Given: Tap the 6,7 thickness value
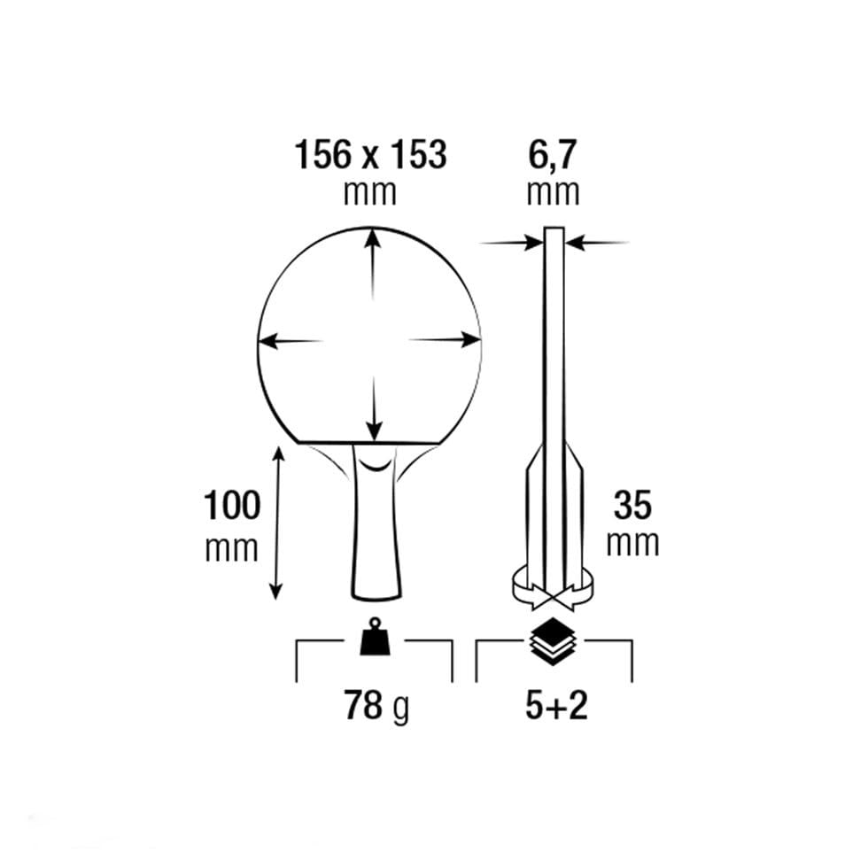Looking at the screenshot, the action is click(x=553, y=156).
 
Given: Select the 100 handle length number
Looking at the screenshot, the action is click(x=232, y=505).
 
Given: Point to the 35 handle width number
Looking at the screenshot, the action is click(x=632, y=505).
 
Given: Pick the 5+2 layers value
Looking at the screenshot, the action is click(x=556, y=706).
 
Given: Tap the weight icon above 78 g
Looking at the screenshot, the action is click(x=375, y=637).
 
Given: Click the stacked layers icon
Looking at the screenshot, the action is click(x=554, y=641).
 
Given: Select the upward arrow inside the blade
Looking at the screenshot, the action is click(x=373, y=265).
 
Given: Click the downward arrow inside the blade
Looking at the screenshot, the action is click(x=375, y=408).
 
